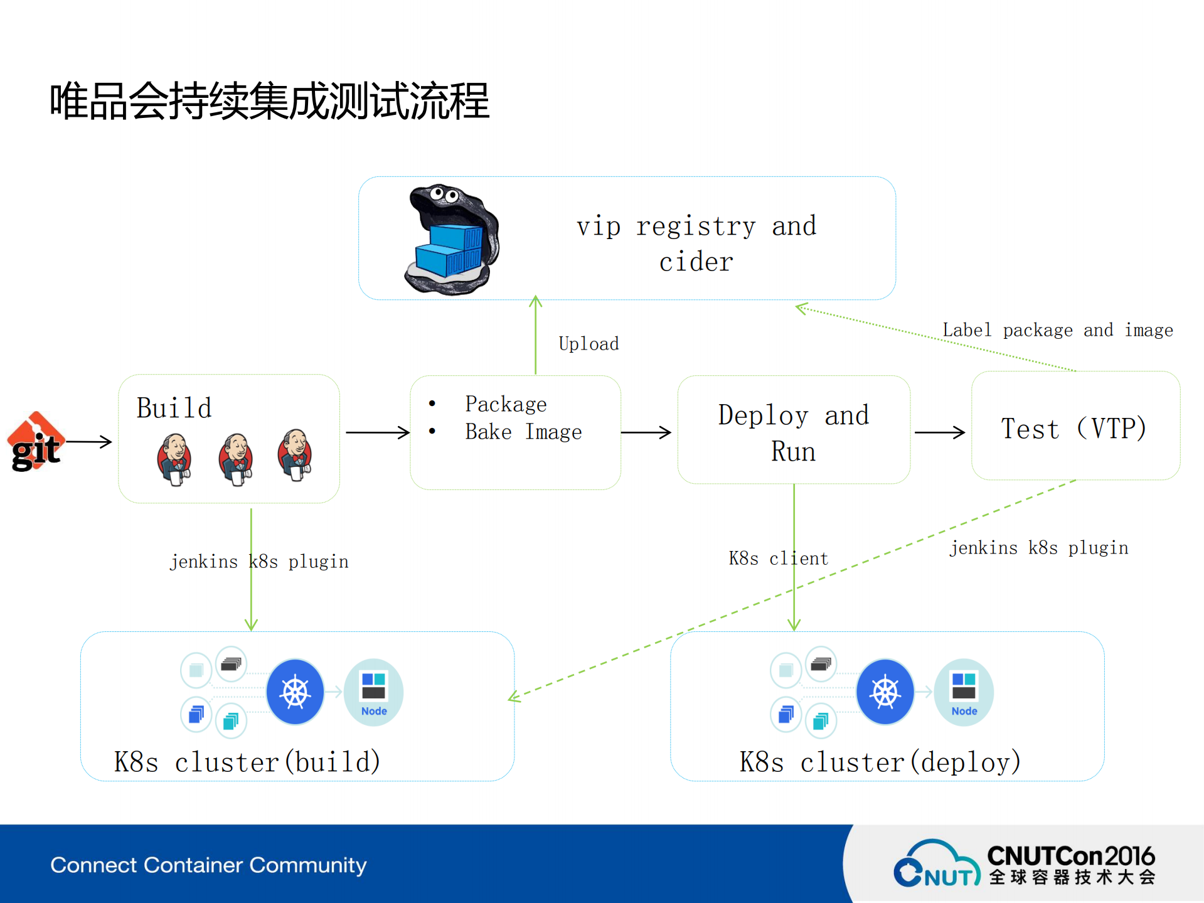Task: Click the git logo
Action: coord(36,442)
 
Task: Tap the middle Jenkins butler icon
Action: coord(235,459)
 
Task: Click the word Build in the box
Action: coord(174,408)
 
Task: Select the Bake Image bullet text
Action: coord(523,432)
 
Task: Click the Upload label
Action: coord(589,344)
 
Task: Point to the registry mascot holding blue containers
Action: coord(450,239)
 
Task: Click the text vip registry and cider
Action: coord(696,243)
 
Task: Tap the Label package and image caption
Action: coord(1057,330)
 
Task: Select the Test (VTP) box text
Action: coord(1074,429)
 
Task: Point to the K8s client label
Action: coord(778,558)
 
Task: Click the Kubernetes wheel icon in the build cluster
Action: coord(295,692)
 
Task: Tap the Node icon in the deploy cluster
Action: coord(964,692)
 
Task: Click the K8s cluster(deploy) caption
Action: coord(880,762)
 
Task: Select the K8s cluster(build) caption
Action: coord(247,762)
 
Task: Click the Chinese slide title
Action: coord(269,101)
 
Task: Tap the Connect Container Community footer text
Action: coord(208,865)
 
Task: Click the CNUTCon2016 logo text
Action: coord(1070,856)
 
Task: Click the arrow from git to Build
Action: coord(89,442)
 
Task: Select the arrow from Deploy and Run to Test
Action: coord(939,432)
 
